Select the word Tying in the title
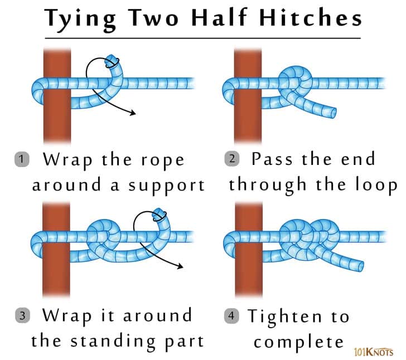point(76,18)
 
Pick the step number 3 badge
point(22,315)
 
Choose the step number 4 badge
point(233,316)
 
